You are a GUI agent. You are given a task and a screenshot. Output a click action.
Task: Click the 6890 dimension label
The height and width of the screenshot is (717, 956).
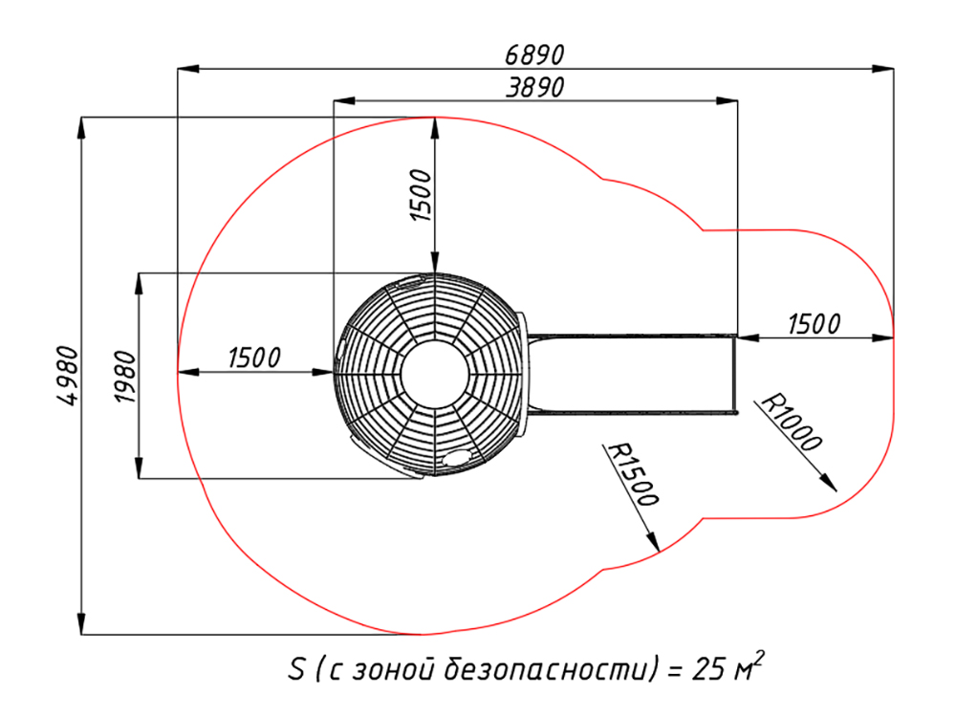(534, 54)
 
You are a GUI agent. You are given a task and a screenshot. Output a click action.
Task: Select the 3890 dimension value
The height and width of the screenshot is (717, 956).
(534, 87)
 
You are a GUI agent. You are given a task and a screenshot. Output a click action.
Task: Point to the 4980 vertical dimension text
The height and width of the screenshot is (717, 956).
(68, 376)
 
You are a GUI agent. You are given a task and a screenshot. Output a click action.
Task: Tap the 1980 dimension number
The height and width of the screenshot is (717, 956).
(124, 377)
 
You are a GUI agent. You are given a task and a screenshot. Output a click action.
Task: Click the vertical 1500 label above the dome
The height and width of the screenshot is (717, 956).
(421, 195)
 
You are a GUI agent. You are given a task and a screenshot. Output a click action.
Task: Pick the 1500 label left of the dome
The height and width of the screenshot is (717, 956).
(254, 358)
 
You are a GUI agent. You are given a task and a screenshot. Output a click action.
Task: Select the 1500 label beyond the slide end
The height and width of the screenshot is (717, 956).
(814, 324)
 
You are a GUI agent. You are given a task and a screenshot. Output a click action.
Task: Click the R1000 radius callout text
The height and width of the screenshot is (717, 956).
(792, 422)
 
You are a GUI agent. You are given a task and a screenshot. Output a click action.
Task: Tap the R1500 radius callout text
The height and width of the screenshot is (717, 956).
(633, 474)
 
